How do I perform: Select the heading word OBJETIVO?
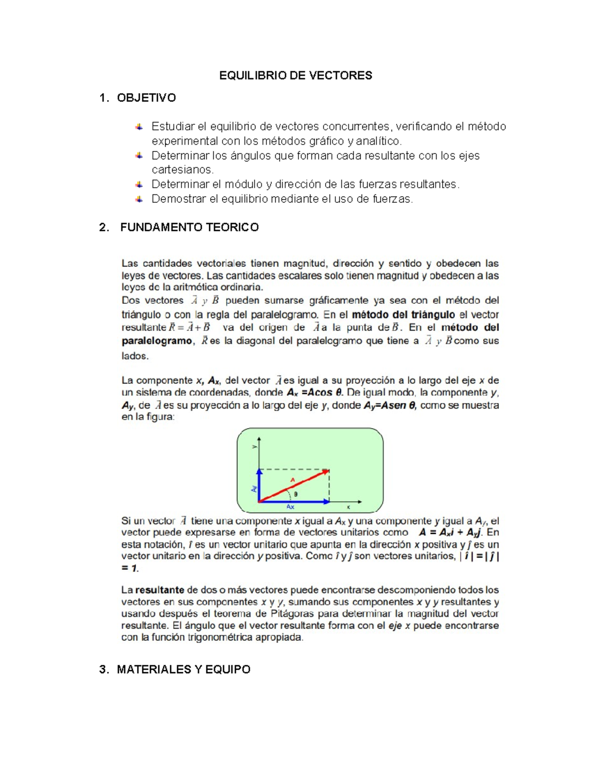click(x=146, y=98)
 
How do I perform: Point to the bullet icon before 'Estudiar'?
click(x=139, y=127)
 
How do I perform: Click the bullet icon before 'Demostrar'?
click(x=139, y=199)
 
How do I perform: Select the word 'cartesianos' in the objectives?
click(x=182, y=170)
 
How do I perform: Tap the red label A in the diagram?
click(x=293, y=479)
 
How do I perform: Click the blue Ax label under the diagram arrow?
click(x=291, y=507)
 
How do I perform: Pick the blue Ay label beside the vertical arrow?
click(x=254, y=488)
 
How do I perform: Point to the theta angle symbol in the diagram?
click(x=296, y=494)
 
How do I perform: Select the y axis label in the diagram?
click(x=255, y=447)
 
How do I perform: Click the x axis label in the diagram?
click(x=348, y=507)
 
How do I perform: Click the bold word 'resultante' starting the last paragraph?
click(x=159, y=590)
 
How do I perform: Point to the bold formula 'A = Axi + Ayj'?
click(x=450, y=533)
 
